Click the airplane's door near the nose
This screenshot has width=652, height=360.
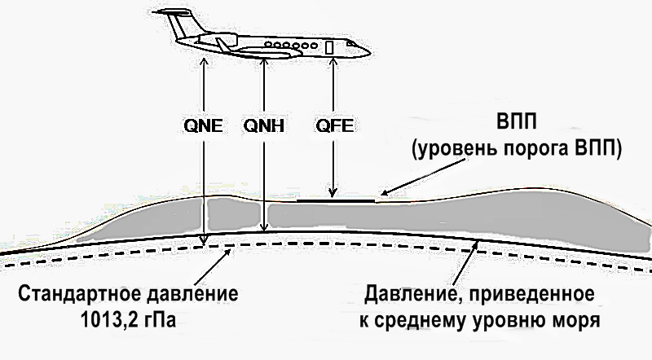(x=330, y=47)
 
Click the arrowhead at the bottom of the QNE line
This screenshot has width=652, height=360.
(x=205, y=239)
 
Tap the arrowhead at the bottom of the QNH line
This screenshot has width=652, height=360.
(x=264, y=230)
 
